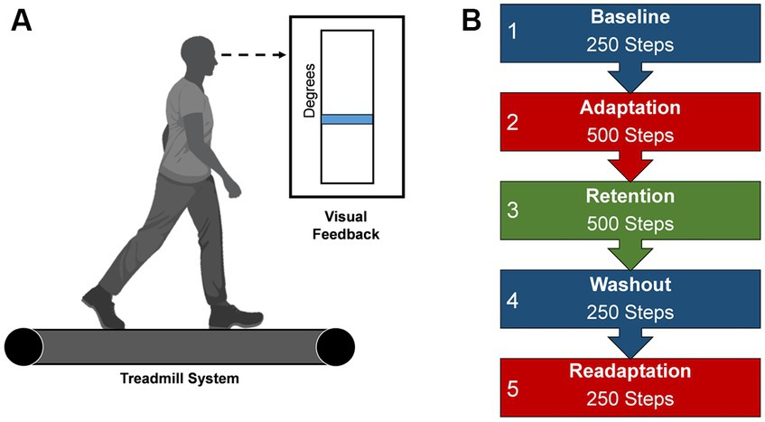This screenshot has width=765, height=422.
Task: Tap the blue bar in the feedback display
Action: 347,119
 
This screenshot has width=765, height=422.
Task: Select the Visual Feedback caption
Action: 347,226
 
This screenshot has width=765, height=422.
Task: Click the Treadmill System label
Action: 181,378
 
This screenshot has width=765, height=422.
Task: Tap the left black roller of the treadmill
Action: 23,347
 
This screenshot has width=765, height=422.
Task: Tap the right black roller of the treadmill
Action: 334,347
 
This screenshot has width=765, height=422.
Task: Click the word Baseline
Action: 630,18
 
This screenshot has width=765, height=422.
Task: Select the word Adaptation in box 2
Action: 630,107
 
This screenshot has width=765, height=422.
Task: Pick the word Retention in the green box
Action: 630,195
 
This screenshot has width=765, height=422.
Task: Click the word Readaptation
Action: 630,371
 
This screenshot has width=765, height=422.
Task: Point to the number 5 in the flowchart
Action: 512,389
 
